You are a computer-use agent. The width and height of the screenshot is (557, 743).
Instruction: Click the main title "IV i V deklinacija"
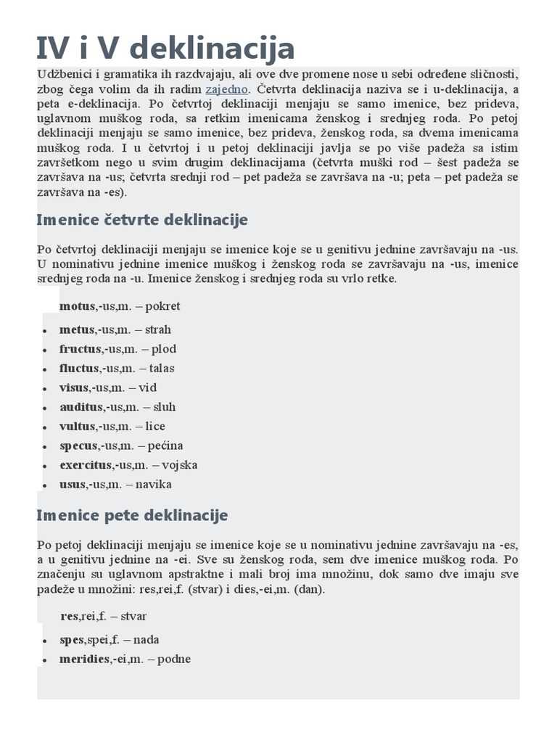[166, 49]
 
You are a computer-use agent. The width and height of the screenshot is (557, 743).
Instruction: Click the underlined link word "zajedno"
[227, 90]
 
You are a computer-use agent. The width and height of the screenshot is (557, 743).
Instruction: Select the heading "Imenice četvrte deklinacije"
[142, 219]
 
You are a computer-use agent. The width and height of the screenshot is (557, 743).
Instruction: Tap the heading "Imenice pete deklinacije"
[132, 515]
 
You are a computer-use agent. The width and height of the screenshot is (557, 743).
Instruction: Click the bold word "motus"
[77, 306]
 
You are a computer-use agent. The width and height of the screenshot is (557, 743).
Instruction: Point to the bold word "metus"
[77, 330]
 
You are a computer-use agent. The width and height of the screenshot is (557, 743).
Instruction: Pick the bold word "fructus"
[79, 349]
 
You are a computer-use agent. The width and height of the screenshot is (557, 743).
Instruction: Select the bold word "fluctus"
[78, 369]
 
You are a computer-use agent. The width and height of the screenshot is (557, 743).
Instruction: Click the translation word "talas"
[162, 369]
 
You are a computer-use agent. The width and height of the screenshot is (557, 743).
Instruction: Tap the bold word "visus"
[74, 387]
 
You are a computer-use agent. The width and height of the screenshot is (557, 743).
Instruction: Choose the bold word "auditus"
[81, 407]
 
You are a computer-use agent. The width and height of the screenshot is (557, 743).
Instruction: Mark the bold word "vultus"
[77, 427]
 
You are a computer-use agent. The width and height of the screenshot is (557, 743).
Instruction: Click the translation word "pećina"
[165, 446]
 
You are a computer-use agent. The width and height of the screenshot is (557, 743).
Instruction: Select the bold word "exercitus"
[86, 465]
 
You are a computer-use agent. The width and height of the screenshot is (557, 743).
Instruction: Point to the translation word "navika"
[158, 485]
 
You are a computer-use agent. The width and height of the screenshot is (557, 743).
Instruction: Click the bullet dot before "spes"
[44, 641]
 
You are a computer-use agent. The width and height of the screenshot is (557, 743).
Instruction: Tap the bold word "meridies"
[85, 660]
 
